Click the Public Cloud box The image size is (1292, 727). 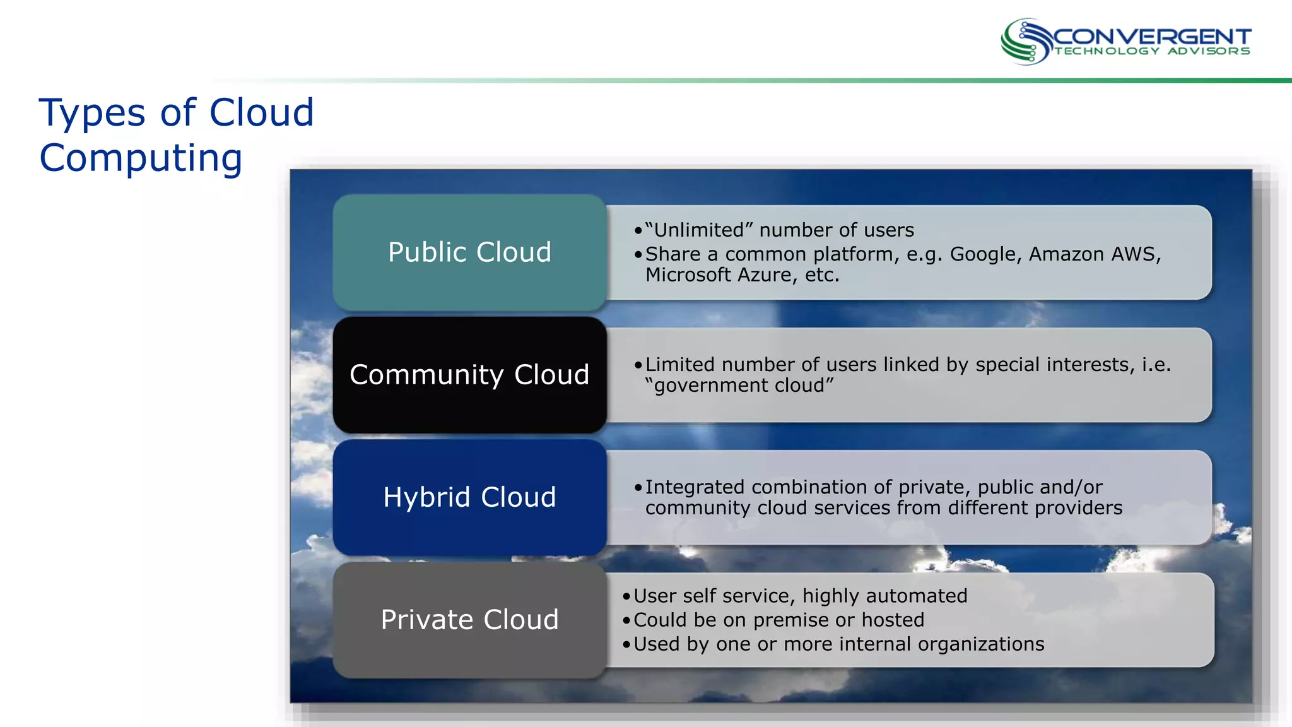pyautogui.click(x=469, y=252)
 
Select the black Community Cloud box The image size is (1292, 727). pyautogui.click(x=469, y=375)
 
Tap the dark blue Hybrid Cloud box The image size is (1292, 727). pyautogui.click(x=469, y=497)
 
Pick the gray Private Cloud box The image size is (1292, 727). pyautogui.click(x=469, y=620)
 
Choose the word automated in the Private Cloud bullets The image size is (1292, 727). pyautogui.click(x=917, y=596)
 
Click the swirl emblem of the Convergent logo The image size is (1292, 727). pyautogui.click(x=1025, y=42)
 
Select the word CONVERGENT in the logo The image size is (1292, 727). pyautogui.click(x=1152, y=37)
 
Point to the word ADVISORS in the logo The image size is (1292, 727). pyautogui.click(x=1208, y=51)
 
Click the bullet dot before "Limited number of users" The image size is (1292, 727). pyautogui.click(x=638, y=365)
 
